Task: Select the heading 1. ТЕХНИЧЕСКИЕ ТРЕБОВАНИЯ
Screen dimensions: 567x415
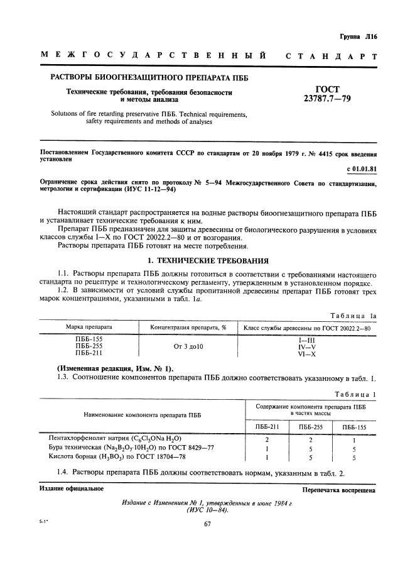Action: click(x=207, y=260)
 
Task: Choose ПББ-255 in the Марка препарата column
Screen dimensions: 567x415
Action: click(x=89, y=346)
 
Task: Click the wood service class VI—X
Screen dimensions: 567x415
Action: click(x=306, y=354)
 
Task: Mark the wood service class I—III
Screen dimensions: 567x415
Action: click(x=306, y=339)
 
